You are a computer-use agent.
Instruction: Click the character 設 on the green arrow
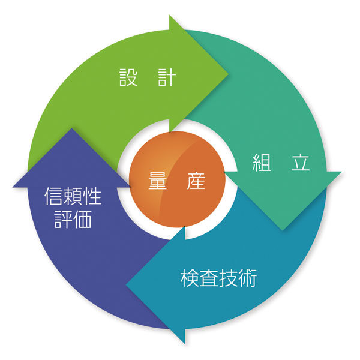(x=128, y=77)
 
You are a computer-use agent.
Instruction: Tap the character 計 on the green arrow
(x=167, y=77)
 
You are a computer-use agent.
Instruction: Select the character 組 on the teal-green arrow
(x=262, y=162)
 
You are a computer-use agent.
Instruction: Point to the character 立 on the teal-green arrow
(x=301, y=163)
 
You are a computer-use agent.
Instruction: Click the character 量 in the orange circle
(x=157, y=181)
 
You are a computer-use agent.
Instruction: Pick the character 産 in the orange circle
(x=196, y=181)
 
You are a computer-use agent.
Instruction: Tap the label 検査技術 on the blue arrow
(x=218, y=278)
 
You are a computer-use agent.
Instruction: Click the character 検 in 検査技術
(x=190, y=278)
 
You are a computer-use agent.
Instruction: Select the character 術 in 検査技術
(x=247, y=278)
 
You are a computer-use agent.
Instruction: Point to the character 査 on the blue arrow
(x=209, y=278)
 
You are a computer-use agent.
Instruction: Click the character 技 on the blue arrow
(x=228, y=278)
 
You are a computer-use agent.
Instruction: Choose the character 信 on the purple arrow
(x=53, y=196)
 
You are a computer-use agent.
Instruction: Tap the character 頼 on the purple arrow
(x=73, y=196)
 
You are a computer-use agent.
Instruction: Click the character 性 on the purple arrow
(x=92, y=196)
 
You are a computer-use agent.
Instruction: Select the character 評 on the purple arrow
(x=63, y=219)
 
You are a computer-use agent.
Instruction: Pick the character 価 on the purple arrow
(x=82, y=219)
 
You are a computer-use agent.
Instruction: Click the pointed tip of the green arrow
(x=229, y=74)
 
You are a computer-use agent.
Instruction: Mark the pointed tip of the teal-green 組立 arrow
(x=283, y=230)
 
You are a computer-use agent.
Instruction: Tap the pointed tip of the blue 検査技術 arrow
(x=126, y=285)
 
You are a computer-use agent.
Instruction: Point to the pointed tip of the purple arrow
(x=72, y=128)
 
